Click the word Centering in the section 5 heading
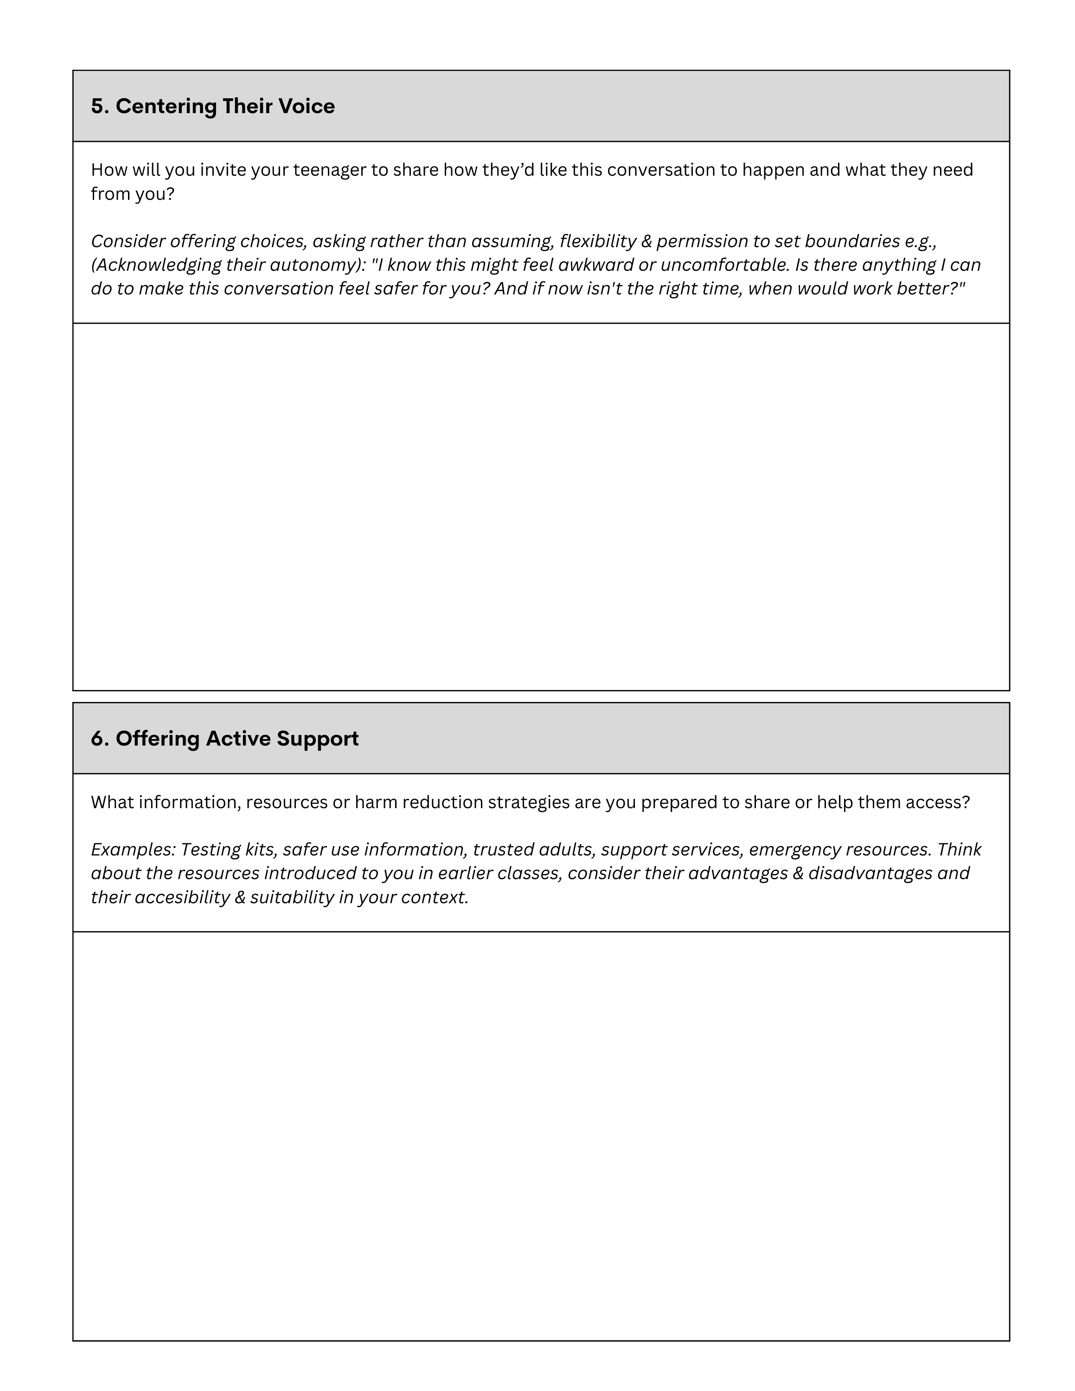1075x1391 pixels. click(x=166, y=106)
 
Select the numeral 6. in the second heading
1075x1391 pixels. click(x=100, y=739)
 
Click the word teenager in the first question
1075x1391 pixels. click(x=329, y=170)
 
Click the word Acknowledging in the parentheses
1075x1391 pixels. click(x=163, y=265)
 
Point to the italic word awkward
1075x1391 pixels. click(x=595, y=265)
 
